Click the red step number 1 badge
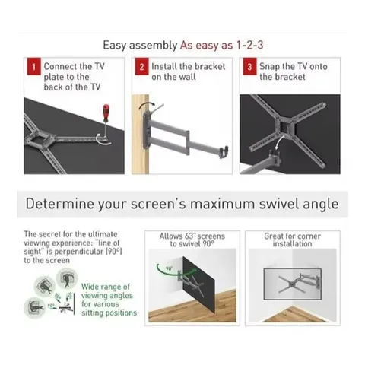click(x=32, y=67)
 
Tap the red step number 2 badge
click(x=141, y=67)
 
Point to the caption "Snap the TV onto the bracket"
click(x=293, y=71)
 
